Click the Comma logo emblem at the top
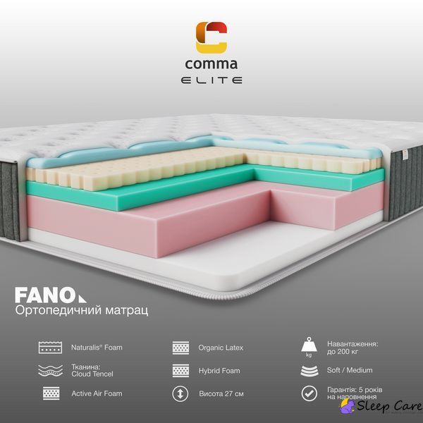coord(211,37)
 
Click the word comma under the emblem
coord(211,64)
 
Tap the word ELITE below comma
coord(211,80)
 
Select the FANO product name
coord(51,295)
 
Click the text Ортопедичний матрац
coord(82,310)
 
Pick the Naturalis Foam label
coord(97,347)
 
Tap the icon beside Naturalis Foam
coord(50,348)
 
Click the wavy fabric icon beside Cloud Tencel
coord(50,370)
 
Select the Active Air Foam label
coord(97,393)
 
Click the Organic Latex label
coord(221,348)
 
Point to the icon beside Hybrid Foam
coord(180,370)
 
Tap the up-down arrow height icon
coord(180,393)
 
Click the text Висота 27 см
coord(221,394)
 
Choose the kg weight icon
coord(309,347)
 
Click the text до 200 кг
coord(343,352)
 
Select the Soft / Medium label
coord(350,370)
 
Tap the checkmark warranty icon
coord(309,393)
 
